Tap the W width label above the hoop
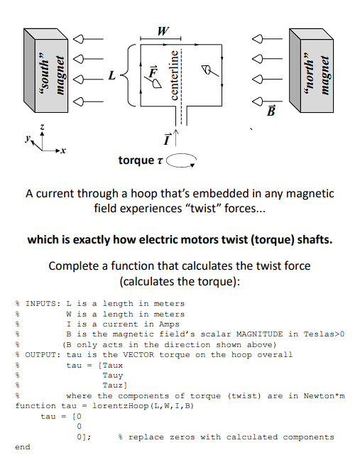(x=164, y=31)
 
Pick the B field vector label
(x=270, y=110)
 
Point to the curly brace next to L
(x=126, y=74)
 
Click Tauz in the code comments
(x=113, y=385)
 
